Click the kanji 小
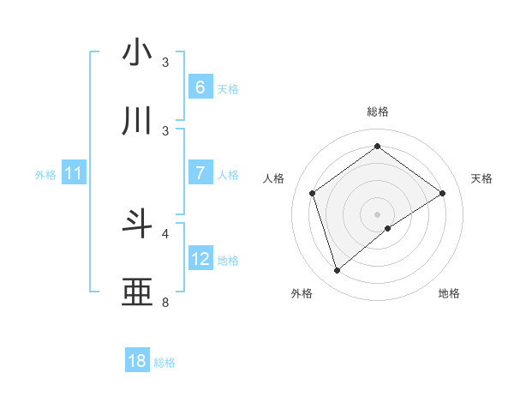click(138, 53)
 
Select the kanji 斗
click(138, 224)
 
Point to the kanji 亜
click(138, 292)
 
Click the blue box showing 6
click(200, 87)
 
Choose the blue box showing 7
click(200, 173)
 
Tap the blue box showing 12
click(200, 259)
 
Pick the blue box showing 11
click(73, 173)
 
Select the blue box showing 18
click(137, 361)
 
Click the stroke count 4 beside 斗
click(165, 232)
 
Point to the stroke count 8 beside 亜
click(165, 302)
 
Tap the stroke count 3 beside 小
click(165, 62)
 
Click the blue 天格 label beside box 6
click(228, 88)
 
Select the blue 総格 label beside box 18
click(164, 363)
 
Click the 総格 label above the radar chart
click(377, 112)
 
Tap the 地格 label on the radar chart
click(449, 293)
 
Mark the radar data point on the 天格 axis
click(442, 193)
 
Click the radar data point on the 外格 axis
click(337, 271)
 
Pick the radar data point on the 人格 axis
click(313, 193)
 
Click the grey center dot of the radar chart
click(377, 214)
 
